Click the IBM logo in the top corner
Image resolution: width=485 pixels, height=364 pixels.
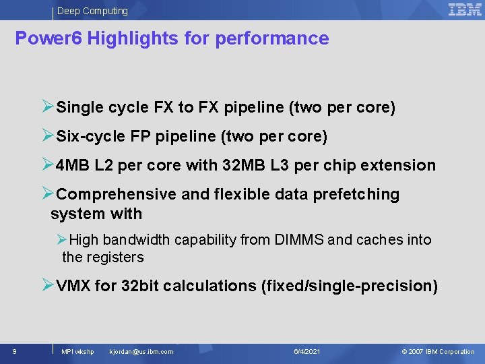(x=465, y=9)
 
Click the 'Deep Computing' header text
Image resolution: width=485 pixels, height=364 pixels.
(x=92, y=11)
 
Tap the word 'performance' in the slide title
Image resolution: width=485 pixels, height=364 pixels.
(x=272, y=38)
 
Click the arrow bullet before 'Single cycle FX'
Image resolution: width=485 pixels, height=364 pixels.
(x=48, y=107)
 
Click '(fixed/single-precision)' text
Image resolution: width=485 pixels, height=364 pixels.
(x=349, y=286)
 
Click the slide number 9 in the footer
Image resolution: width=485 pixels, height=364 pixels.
(x=14, y=351)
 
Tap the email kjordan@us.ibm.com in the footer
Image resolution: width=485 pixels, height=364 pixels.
(x=141, y=351)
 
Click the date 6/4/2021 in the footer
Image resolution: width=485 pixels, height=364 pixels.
(x=307, y=351)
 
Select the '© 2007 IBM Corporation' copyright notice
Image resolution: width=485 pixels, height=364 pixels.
(x=438, y=351)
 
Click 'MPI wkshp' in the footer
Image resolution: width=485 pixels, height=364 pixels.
(x=77, y=351)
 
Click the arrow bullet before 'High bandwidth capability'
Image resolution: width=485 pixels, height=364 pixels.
(x=62, y=240)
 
